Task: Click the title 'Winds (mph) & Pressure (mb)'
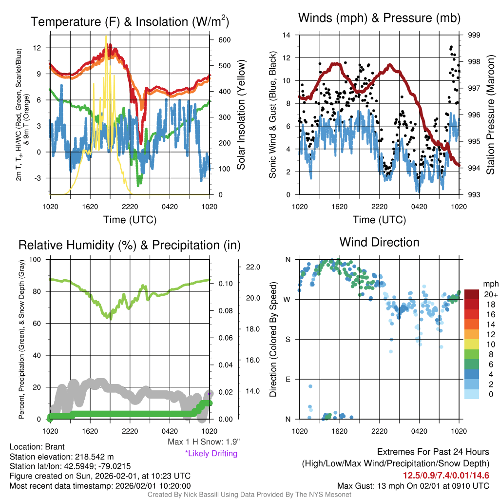tap(379, 19)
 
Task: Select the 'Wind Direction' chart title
tap(379, 242)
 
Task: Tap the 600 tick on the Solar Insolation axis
tap(218, 39)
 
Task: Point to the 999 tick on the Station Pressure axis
tap(474, 35)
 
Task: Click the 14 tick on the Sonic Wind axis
tap(287, 35)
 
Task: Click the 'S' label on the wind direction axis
tap(288, 339)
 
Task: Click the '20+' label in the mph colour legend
tap(490, 294)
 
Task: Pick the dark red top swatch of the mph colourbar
tap(472, 294)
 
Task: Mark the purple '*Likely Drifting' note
tap(211, 453)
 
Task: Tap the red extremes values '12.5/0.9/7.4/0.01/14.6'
tap(446, 475)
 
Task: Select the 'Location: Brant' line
tap(37, 447)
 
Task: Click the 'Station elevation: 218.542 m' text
tap(61, 457)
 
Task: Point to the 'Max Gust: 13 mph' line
tap(413, 486)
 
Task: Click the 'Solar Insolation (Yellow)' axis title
tap(241, 115)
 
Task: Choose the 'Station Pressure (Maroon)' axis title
tap(490, 115)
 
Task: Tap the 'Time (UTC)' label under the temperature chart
tap(130, 220)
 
